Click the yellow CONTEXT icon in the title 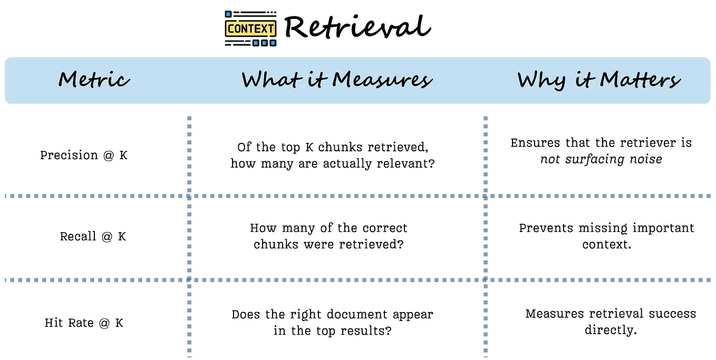(250, 29)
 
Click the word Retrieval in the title (357, 27)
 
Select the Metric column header (94, 80)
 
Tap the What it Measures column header (337, 80)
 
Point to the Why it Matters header (599, 80)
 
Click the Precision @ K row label (84, 155)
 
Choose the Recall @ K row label (93, 236)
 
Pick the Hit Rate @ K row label (84, 323)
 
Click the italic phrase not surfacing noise (601, 159)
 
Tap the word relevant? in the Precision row (405, 163)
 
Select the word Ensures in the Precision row (535, 143)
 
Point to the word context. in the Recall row (607, 245)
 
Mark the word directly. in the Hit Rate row (611, 330)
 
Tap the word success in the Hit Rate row (673, 314)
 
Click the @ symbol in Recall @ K (107, 237)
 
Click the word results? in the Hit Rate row (366, 330)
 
